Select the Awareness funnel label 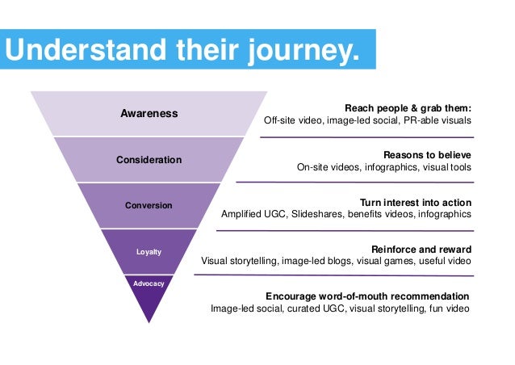coord(149,114)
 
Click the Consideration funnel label coord(149,160)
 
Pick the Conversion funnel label coord(149,205)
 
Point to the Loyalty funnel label coord(149,252)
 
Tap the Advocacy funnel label coord(149,283)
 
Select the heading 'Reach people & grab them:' coord(408,107)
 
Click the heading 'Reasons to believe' coord(427,154)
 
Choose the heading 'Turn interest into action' coord(415,202)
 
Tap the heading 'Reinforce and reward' coord(421,249)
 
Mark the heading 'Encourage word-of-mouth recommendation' coord(368,296)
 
